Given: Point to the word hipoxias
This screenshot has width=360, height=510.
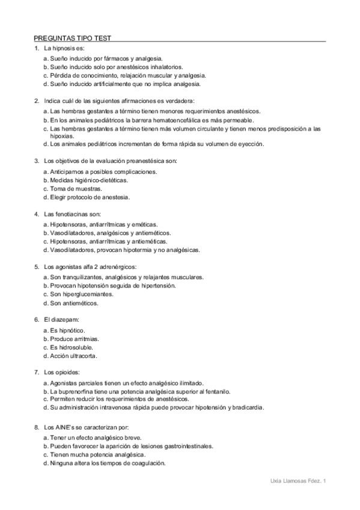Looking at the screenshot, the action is point(63,136).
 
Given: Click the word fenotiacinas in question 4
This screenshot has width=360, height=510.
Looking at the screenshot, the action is point(69,214).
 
